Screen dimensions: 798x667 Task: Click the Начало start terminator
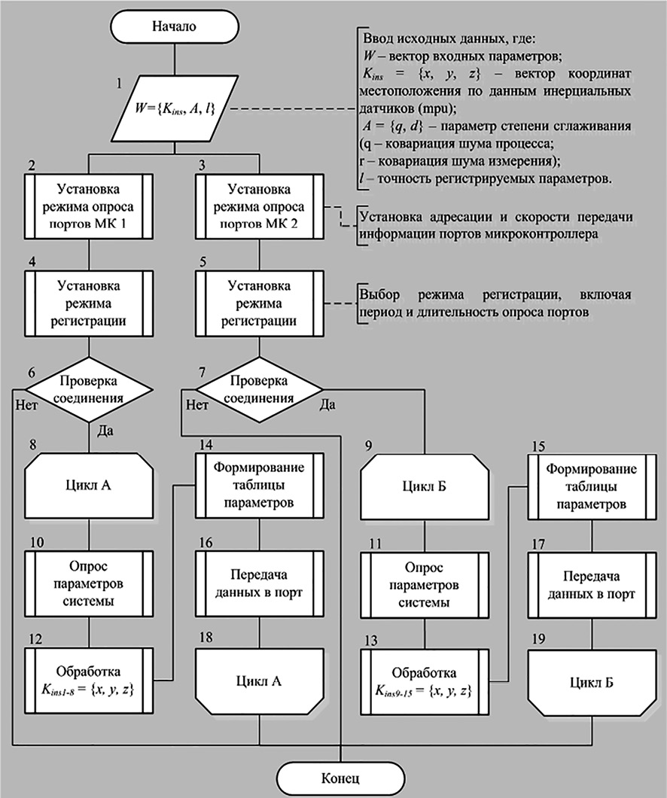(x=175, y=26)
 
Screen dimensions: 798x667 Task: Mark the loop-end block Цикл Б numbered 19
(x=589, y=683)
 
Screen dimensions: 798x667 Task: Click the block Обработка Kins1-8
(x=90, y=676)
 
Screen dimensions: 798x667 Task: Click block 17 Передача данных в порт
(x=589, y=584)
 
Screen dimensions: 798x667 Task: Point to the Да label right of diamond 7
(x=328, y=405)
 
